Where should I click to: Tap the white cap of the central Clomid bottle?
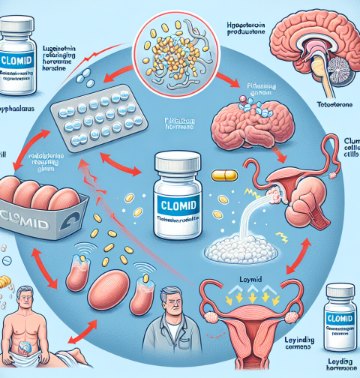[179, 161]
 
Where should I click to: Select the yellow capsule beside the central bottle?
[223, 176]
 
